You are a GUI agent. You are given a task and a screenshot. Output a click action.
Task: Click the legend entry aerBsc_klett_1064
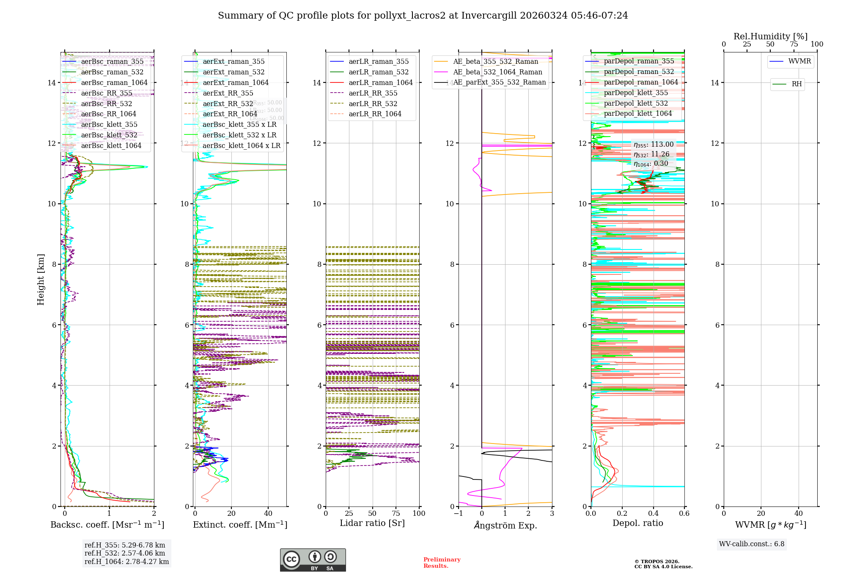pos(111,146)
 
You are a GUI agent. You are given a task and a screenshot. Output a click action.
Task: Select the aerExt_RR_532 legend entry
pos(228,104)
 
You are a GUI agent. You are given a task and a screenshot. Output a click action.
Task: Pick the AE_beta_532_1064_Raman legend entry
pos(497,72)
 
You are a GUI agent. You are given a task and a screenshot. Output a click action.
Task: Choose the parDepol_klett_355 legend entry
pos(636,93)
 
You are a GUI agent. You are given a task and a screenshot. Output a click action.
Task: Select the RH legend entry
pos(797,84)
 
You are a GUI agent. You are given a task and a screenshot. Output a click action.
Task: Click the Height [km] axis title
pos(41,279)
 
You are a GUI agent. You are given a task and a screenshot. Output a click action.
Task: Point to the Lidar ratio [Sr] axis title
pos(372,523)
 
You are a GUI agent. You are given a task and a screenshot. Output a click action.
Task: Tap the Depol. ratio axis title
pos(637,523)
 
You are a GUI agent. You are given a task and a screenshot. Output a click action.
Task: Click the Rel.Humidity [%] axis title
pos(770,36)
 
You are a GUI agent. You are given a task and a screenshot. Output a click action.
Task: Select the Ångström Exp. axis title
pos(505,525)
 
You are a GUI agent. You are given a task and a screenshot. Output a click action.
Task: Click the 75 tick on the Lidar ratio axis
pos(396,514)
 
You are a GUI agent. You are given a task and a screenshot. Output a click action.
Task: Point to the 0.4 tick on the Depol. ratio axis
pos(653,514)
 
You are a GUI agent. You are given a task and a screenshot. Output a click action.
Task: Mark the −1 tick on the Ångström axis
pos(458,514)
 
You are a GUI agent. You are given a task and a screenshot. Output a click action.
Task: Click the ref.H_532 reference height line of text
pos(124,553)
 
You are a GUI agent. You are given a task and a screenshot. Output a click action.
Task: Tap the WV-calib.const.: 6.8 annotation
pos(752,544)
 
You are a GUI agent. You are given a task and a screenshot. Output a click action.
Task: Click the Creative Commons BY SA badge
pos(313,560)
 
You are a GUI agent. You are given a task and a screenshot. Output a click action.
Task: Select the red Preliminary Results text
pos(442,563)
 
